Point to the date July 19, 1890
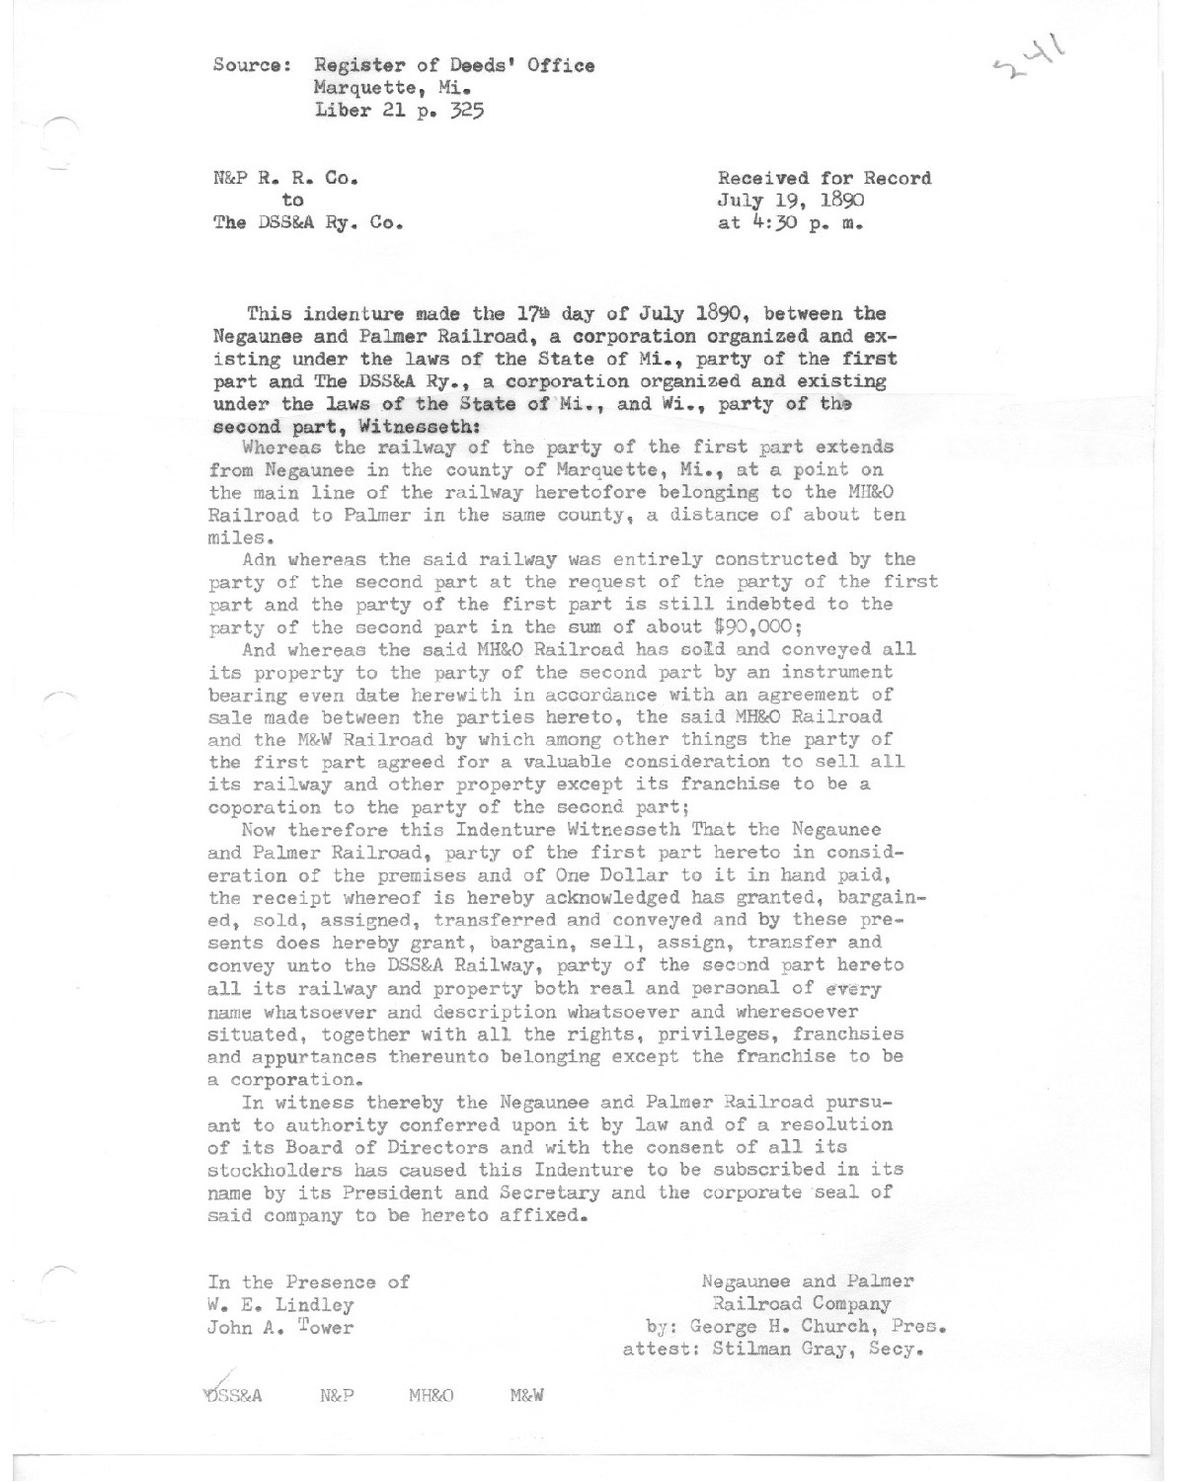pos(792,202)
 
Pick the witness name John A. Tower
pos(279,1327)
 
